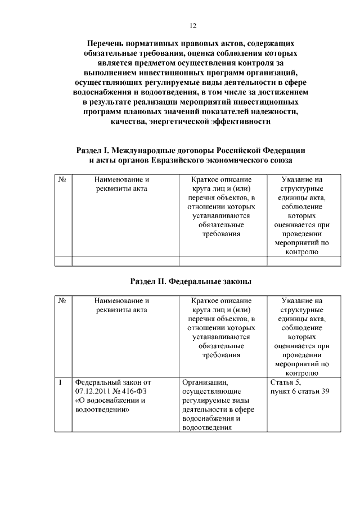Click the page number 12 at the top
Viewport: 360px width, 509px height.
point(192,26)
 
